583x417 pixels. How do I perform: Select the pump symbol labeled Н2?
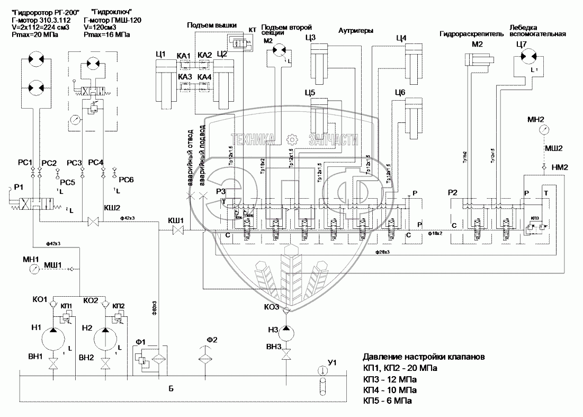click(105, 338)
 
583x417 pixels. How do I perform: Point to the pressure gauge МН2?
click(543, 129)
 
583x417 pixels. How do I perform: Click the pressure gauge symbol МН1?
click(34, 269)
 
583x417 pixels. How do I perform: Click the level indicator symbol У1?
click(322, 370)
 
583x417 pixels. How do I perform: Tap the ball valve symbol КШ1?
click(178, 229)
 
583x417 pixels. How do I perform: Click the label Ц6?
click(400, 93)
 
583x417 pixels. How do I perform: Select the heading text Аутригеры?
click(355, 31)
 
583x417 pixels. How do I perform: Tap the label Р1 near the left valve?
click(20, 187)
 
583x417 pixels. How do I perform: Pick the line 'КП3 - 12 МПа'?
click(389, 379)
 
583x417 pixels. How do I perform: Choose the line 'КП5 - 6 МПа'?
click(387, 401)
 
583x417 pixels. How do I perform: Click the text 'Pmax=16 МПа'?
click(108, 35)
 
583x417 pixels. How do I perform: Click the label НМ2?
click(560, 167)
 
